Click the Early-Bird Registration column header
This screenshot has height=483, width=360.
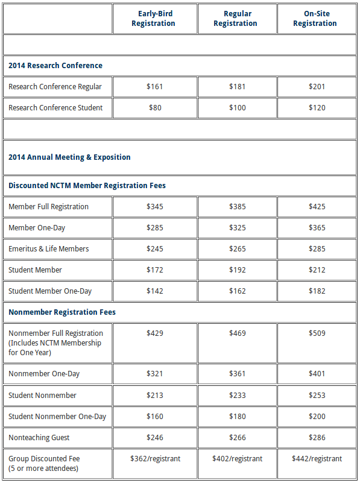pos(154,19)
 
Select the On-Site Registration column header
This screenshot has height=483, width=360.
pos(316,19)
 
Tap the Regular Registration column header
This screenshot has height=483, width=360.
pos(236,19)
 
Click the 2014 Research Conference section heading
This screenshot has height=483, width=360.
pos(55,66)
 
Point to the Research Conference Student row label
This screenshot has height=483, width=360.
pos(55,108)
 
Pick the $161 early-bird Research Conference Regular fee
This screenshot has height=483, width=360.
pos(154,87)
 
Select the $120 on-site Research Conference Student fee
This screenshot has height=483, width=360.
pos(316,108)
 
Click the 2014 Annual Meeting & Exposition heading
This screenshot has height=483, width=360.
pos(69,157)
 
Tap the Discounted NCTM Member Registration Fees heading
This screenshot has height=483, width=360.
pos(87,186)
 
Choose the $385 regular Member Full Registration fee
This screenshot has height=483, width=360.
pos(237,207)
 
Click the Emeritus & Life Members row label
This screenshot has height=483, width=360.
pos(48,249)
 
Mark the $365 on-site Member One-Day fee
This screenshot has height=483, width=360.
pos(316,228)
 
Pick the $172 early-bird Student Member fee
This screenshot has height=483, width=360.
pos(154,270)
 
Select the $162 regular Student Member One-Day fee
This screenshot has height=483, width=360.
pos(237,291)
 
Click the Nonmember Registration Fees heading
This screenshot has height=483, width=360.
pos(62,312)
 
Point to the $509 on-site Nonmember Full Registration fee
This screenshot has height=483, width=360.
pos(316,333)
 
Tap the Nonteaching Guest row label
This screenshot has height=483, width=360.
pos(39,438)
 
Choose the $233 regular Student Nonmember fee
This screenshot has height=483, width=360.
pos(237,396)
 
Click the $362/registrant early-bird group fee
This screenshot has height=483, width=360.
pos(155,459)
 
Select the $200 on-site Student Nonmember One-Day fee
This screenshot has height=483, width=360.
pos(316,417)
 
